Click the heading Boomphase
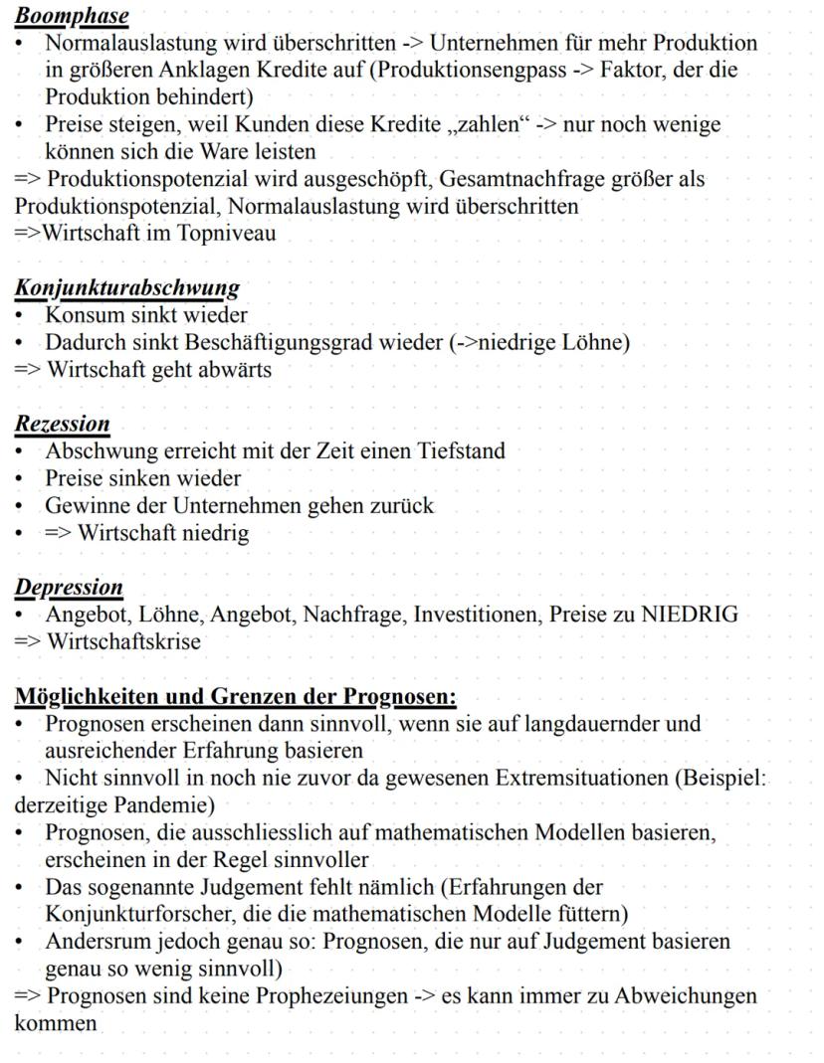click(72, 17)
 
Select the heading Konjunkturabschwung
click(126, 288)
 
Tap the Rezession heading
click(62, 424)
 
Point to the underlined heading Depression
click(69, 587)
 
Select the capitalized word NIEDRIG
click(690, 614)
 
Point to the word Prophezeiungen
click(295, 994)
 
